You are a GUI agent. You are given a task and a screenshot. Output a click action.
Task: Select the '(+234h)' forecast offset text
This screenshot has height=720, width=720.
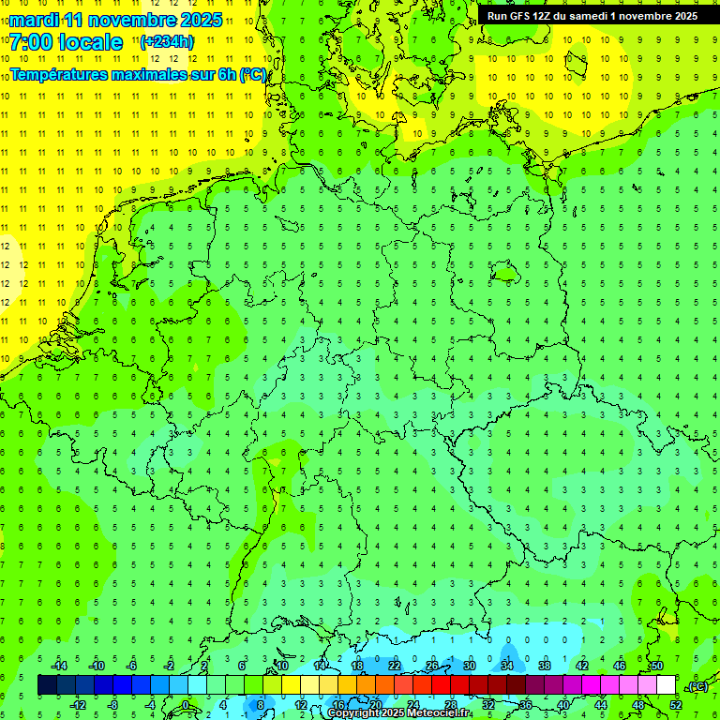coord(167,41)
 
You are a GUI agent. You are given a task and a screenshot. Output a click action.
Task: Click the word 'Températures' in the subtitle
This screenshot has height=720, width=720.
coord(62,74)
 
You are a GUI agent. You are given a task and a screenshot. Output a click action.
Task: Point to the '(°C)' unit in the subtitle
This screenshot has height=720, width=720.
coord(253,74)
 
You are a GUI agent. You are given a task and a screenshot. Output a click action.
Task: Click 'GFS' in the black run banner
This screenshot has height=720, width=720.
coord(521,16)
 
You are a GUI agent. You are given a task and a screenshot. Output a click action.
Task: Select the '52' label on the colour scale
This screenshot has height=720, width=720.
coord(676,704)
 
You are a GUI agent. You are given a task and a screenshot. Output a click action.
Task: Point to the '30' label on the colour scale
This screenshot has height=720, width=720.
coord(470,666)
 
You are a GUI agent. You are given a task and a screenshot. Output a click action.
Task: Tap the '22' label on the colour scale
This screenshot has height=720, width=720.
coord(395,666)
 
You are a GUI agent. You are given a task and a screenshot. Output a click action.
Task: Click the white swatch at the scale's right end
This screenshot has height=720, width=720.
coord(667,685)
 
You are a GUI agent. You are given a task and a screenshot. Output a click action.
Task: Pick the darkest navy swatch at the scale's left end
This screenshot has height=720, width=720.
coord(47,685)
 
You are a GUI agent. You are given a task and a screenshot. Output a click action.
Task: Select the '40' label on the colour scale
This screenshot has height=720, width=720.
coord(563,704)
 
